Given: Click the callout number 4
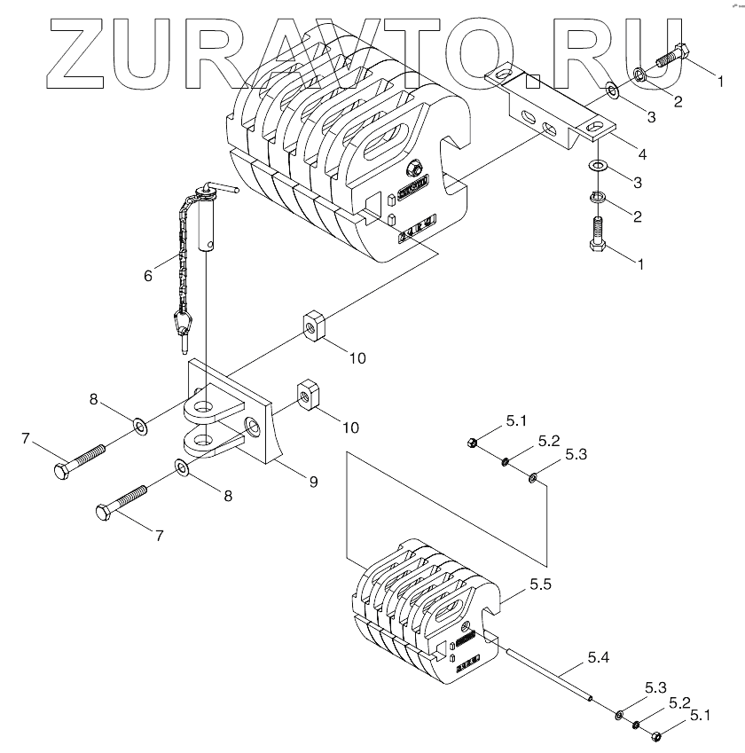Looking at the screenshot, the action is coord(641,154).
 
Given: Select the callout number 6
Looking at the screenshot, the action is coord(147,275).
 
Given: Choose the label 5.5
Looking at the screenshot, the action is coord(539,586).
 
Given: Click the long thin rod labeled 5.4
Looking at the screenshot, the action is coord(550,676).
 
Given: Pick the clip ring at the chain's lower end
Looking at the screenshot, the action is coord(184,319).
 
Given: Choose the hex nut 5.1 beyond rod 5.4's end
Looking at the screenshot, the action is coord(657,735).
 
